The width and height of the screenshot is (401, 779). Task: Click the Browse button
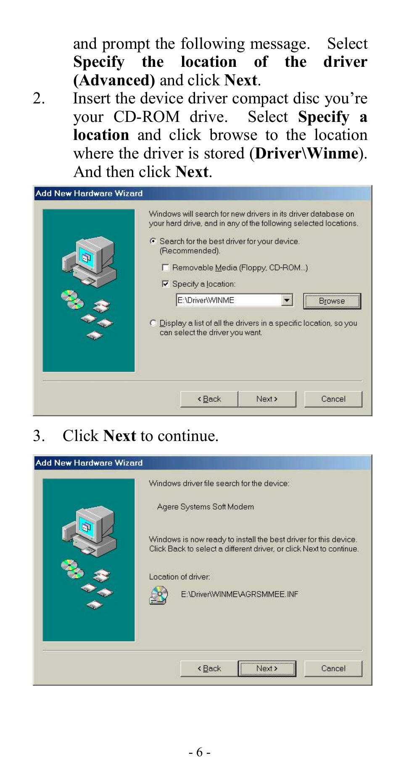point(332,301)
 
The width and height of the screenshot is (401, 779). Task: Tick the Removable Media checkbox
point(166,268)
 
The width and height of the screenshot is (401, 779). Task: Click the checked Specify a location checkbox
point(166,284)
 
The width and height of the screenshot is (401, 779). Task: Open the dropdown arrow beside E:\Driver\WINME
point(287,300)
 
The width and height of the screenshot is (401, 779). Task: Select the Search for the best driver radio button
point(153,241)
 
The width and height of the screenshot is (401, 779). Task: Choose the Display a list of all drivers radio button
point(153,323)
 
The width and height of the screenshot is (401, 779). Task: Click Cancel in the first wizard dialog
point(333,399)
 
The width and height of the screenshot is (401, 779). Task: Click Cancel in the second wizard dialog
point(333,668)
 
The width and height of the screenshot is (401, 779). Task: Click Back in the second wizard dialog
point(209,668)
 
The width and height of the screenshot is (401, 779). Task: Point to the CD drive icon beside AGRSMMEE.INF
point(159,595)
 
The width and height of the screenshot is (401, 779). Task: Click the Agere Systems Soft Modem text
point(205,507)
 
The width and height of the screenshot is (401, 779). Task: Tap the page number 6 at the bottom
point(200,752)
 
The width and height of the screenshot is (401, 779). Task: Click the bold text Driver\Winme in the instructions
point(306,153)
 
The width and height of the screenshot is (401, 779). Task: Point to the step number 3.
point(39,436)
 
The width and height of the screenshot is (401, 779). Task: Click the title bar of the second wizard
point(202,463)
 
